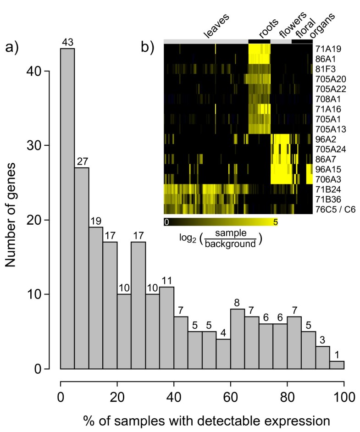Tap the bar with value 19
pyautogui.click(x=96, y=298)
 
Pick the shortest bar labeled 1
pyautogui.click(x=337, y=365)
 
